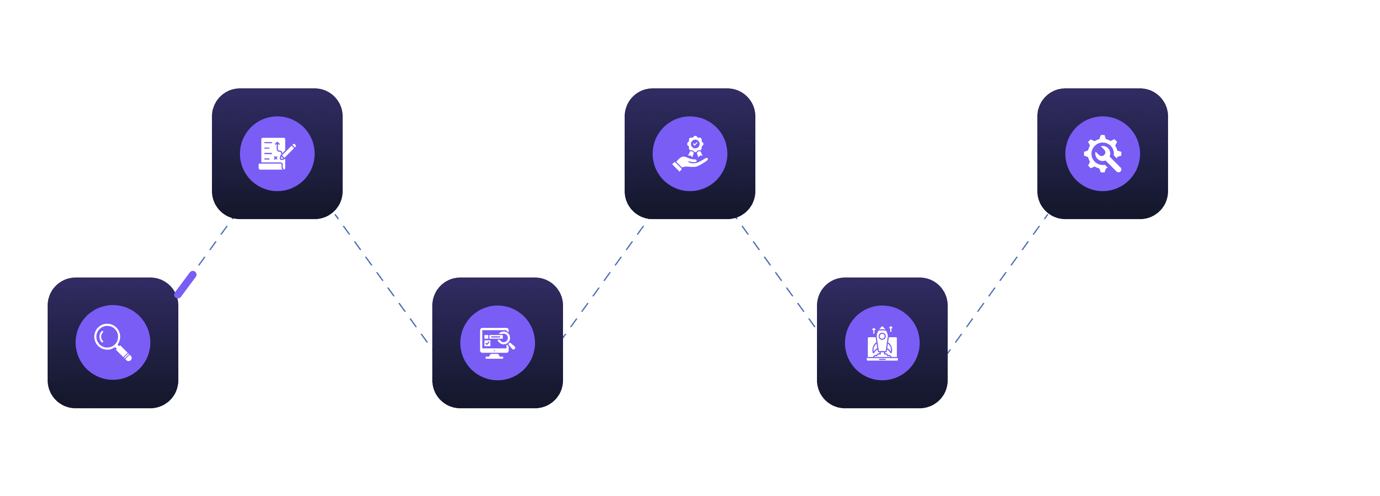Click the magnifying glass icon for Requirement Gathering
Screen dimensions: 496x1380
tap(113, 342)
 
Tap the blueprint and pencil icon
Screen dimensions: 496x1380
tap(277, 154)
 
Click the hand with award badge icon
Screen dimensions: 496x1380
tap(690, 154)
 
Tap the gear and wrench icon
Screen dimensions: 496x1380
tap(1103, 154)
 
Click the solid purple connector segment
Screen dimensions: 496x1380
tap(186, 284)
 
